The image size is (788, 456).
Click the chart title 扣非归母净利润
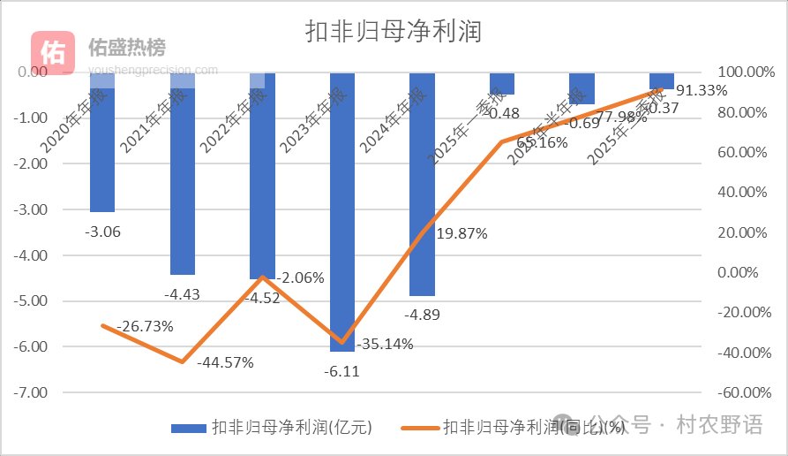(393, 32)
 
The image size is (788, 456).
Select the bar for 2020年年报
(102, 150)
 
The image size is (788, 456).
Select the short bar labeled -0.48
(502, 84)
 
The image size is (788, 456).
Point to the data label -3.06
(102, 232)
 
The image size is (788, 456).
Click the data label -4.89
(422, 315)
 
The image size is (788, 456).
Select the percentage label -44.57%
(225, 362)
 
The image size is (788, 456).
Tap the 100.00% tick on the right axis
(743, 72)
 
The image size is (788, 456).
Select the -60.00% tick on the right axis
(743, 391)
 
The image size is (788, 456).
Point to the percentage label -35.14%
(384, 345)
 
